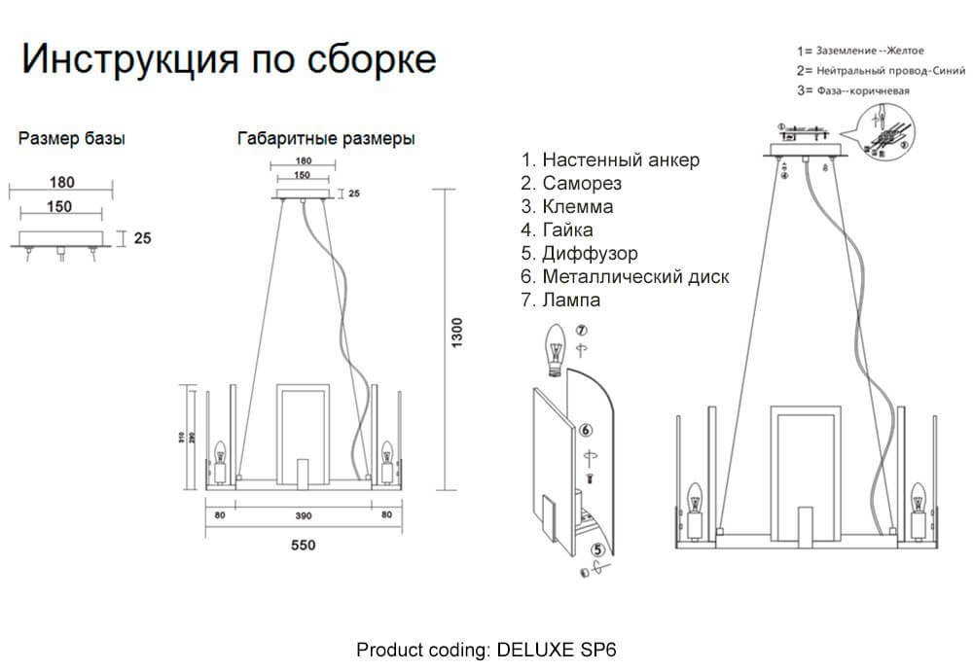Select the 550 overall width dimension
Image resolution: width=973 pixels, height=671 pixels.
[x=304, y=546]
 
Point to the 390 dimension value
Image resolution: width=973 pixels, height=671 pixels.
[x=304, y=514]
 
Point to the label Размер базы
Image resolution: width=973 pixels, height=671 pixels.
[x=72, y=139]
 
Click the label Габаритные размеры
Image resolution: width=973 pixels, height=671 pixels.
[x=326, y=139]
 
